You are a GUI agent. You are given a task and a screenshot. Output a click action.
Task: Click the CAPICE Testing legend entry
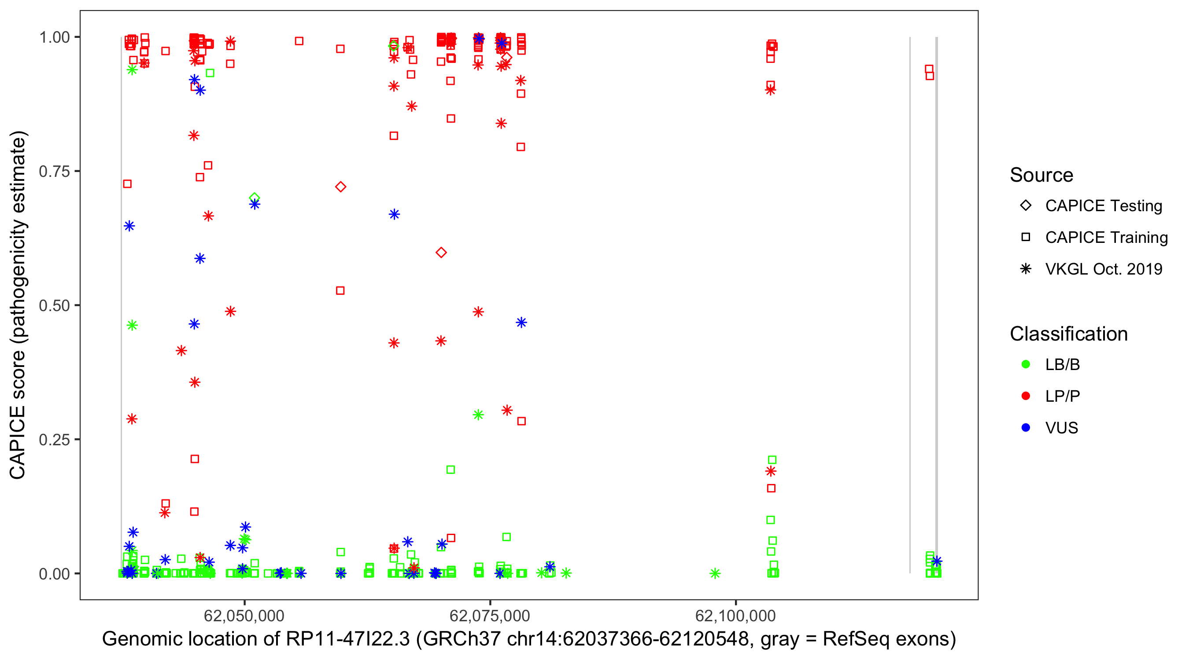pos(1103,206)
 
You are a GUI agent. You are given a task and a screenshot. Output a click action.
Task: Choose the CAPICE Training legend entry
pos(1106,238)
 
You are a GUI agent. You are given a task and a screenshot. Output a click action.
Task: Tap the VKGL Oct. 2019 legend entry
pos(1103,269)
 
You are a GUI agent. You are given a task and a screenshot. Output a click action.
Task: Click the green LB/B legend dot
pos(1026,364)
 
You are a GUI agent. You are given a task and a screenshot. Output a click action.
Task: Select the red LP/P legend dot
pos(1026,396)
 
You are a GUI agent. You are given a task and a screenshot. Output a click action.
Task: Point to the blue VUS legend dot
pos(1026,428)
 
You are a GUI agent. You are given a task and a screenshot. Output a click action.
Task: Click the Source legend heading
pos(1041,175)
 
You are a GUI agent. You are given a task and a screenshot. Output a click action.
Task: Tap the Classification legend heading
pos(1068,334)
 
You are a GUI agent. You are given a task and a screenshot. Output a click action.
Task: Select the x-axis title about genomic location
pos(529,639)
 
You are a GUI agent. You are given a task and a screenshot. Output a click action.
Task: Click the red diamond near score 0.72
pos(341,187)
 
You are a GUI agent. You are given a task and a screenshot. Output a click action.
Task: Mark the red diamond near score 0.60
pos(441,253)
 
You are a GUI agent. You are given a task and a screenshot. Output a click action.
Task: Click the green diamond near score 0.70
pos(255,198)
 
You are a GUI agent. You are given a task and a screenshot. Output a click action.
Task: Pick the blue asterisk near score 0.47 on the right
pos(521,323)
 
